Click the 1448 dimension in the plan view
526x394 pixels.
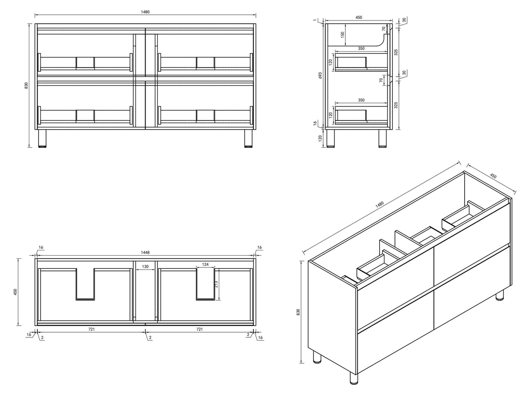(145, 253)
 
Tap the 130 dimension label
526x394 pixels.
(145, 266)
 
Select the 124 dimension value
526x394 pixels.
(206, 264)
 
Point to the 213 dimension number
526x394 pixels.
(217, 284)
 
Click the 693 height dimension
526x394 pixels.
(320, 75)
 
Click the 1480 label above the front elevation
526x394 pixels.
(145, 12)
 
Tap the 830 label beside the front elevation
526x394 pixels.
(26, 85)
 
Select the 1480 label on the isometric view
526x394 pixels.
(380, 204)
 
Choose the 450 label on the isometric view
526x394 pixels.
(493, 176)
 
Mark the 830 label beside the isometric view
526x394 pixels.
(298, 312)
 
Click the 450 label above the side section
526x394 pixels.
(359, 17)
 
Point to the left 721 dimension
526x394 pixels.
(92, 329)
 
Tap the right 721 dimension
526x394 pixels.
(199, 329)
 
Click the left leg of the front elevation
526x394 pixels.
(43, 138)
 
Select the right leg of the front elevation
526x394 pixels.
(249, 138)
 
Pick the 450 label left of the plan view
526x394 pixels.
(15, 292)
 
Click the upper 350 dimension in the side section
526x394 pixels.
(361, 49)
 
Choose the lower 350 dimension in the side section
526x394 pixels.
(361, 100)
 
